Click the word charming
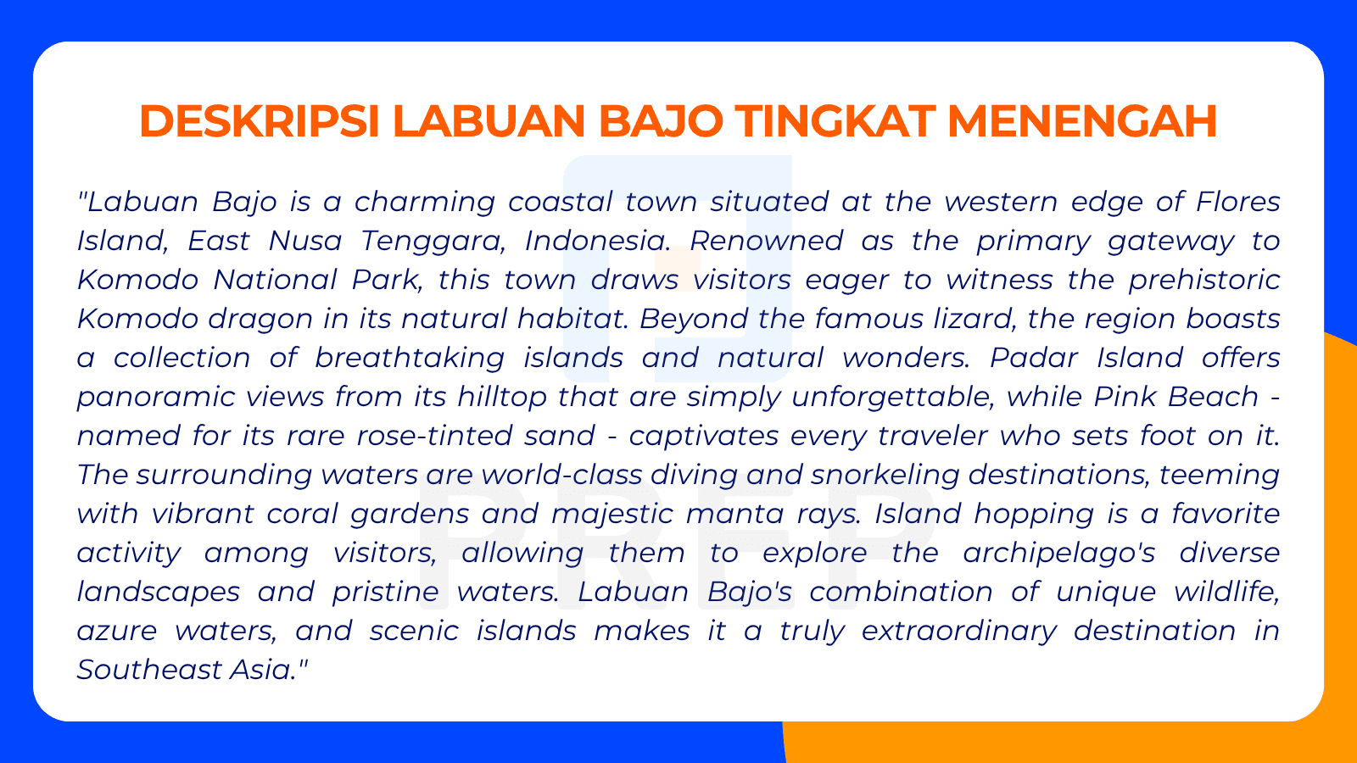(424, 203)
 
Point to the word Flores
(1237, 202)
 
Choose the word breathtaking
(410, 358)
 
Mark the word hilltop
(502, 397)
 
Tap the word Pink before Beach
(1125, 397)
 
